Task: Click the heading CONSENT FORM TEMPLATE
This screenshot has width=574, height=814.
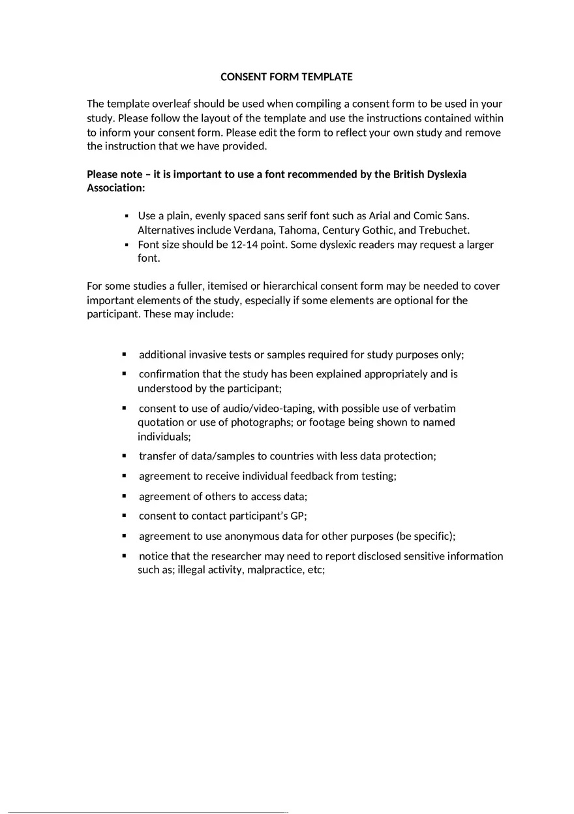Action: [286, 77]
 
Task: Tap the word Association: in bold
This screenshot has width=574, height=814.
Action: [116, 188]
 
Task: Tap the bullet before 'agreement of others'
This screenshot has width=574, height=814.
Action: [124, 496]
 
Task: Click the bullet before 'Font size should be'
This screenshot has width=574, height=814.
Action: [127, 245]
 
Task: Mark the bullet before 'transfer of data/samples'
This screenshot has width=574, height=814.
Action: [124, 456]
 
